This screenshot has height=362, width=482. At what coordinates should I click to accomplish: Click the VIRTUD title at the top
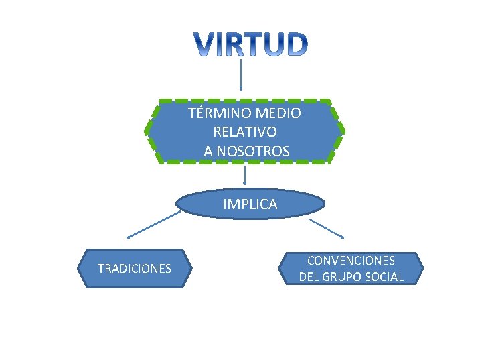[252, 44]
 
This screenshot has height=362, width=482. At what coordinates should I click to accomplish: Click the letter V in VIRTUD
[206, 44]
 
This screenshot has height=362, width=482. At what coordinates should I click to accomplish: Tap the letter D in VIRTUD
[297, 44]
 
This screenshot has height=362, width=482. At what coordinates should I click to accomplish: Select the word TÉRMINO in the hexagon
[214, 113]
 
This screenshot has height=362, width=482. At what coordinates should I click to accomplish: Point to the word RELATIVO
[244, 132]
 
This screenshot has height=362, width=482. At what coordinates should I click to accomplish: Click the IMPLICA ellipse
[250, 204]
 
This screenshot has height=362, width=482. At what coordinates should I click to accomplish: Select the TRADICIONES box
[135, 269]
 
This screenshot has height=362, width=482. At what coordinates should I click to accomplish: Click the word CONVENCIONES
[351, 260]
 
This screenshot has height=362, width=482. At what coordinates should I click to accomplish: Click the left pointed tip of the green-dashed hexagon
[149, 131]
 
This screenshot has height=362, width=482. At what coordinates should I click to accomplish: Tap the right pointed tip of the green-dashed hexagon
[343, 131]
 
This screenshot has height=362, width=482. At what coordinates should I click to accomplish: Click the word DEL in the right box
[310, 276]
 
